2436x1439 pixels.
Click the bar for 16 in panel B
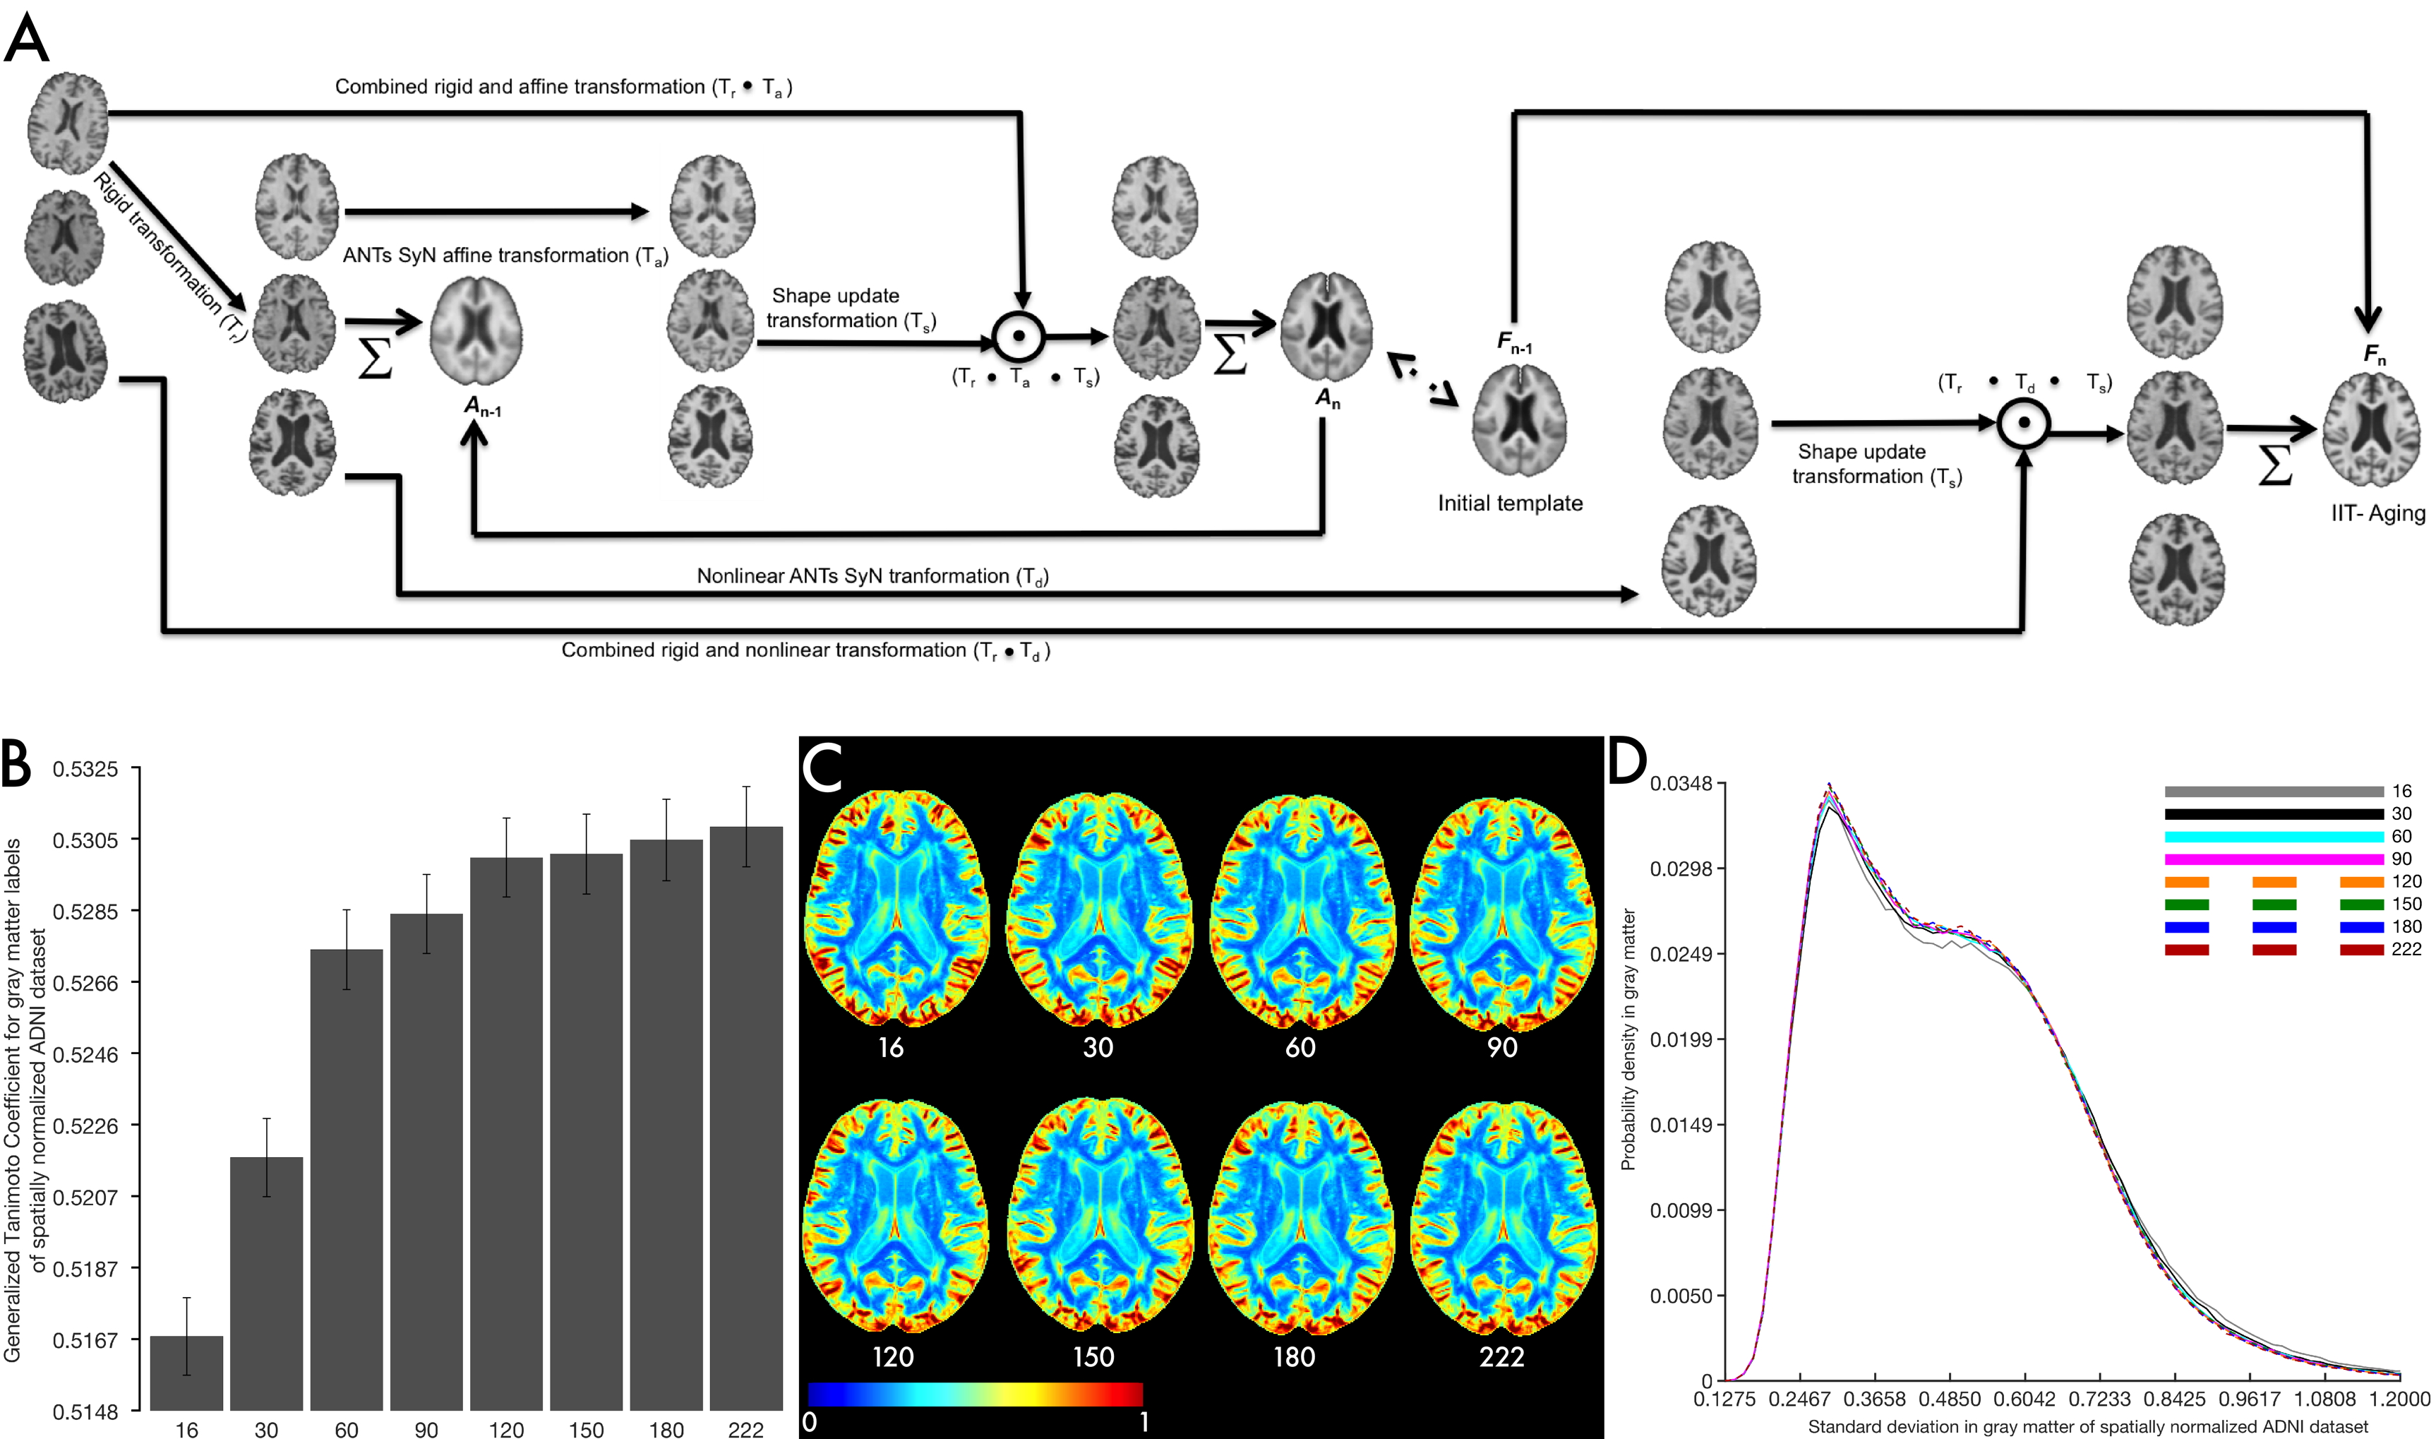186,1372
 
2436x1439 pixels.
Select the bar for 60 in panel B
346,1178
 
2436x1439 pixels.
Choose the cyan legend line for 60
2273,837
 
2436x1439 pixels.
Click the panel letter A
26,41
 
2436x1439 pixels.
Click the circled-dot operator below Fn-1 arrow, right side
2023,424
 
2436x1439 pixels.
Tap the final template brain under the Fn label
2370,431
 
